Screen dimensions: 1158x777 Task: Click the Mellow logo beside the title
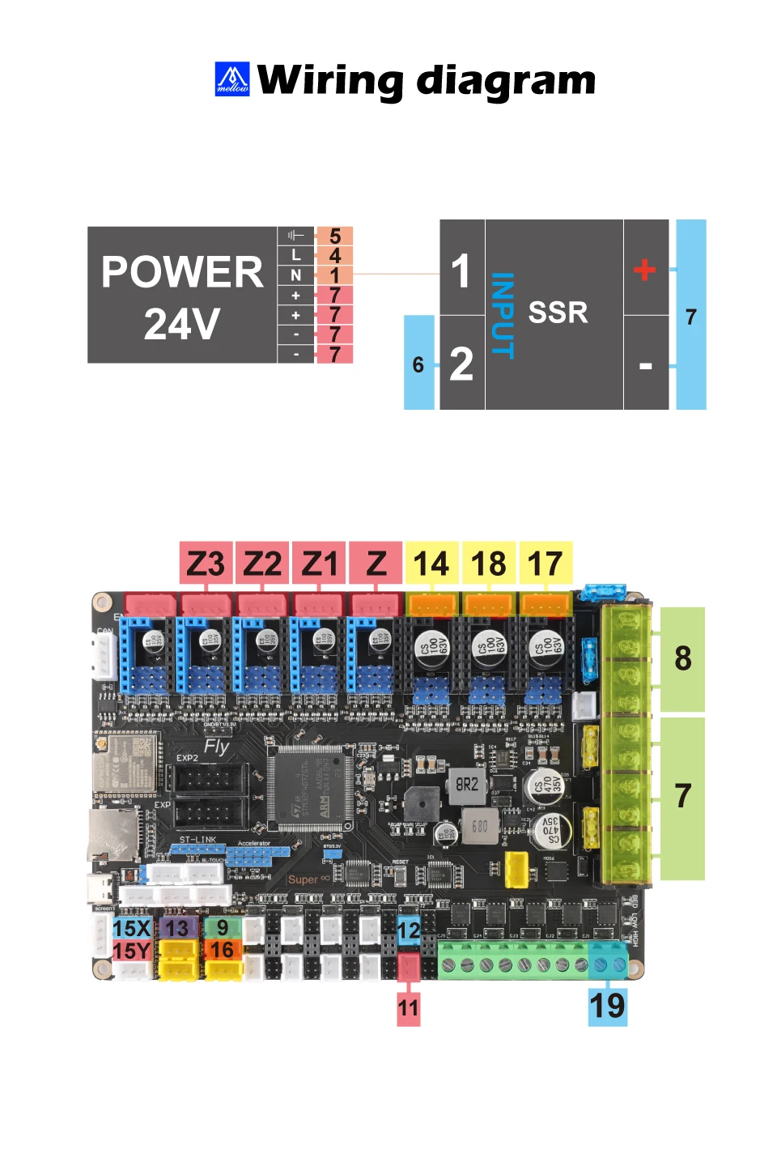point(232,79)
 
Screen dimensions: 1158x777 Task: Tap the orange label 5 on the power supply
point(334,236)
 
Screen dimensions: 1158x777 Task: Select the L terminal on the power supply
point(296,255)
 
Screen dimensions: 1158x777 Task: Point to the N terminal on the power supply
point(296,275)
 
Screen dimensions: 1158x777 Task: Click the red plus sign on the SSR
point(644,269)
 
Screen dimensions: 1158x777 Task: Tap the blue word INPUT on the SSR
point(503,315)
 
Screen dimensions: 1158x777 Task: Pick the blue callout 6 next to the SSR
point(418,364)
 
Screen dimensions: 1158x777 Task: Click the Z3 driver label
point(206,564)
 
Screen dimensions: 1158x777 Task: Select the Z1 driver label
point(319,564)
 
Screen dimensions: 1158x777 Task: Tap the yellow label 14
point(431,564)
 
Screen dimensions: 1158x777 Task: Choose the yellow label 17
point(545,564)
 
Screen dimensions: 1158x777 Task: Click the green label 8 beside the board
point(682,658)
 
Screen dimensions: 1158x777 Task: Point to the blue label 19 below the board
point(607,1006)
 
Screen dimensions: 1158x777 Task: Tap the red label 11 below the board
point(408,1008)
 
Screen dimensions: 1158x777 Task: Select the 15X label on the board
point(132,928)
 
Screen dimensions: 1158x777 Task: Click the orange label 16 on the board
point(223,950)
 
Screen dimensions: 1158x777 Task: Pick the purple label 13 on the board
point(177,928)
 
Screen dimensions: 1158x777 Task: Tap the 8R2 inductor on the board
point(467,784)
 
